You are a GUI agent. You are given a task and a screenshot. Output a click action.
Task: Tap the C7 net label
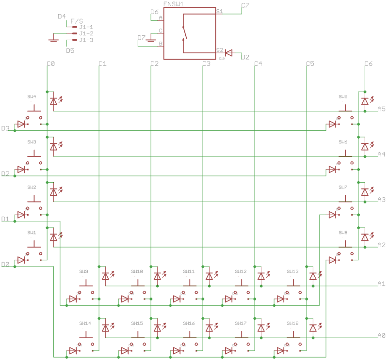pos(245,5)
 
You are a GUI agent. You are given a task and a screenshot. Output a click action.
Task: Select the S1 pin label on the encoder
pos(220,11)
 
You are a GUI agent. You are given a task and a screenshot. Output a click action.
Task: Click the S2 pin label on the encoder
pos(220,50)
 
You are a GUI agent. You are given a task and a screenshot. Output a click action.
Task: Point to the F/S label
pos(77,21)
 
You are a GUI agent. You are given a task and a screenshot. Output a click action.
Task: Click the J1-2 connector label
pos(86,33)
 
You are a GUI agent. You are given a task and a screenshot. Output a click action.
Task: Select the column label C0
pos(51,63)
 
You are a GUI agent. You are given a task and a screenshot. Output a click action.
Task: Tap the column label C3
pos(206,63)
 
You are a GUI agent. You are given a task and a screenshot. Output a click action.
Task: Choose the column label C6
pos(368,63)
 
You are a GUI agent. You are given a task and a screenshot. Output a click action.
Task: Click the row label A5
pos(381,109)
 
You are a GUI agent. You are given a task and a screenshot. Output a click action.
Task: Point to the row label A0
pos(381,335)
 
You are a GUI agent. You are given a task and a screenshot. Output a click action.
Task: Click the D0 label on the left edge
pos(6,264)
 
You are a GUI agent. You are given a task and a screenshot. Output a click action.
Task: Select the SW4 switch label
pos(32,96)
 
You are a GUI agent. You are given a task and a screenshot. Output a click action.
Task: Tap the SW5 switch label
pos(343,96)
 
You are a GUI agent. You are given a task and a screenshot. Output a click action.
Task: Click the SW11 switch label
pos(189,271)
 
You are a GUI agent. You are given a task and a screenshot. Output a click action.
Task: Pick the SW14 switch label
pos(85,323)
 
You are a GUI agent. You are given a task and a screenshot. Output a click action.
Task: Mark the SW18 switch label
pos(292,323)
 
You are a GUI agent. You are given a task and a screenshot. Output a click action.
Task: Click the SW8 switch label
pos(343,233)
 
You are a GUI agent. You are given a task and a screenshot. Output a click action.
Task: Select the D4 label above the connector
pos(62,16)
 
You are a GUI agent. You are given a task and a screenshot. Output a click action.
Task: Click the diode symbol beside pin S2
pos(229,52)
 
